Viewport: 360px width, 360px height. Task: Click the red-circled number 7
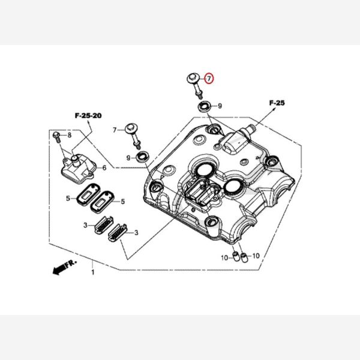(x=208, y=78)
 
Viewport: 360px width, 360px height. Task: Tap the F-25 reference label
(x=277, y=103)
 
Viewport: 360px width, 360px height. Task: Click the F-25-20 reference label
(x=88, y=115)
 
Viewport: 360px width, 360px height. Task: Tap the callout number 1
(x=92, y=272)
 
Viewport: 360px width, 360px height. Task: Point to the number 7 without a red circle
(x=114, y=130)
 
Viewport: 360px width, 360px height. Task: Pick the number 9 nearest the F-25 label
(x=220, y=106)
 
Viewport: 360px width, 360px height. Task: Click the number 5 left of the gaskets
(x=68, y=197)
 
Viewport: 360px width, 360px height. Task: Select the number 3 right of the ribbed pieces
(x=137, y=232)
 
